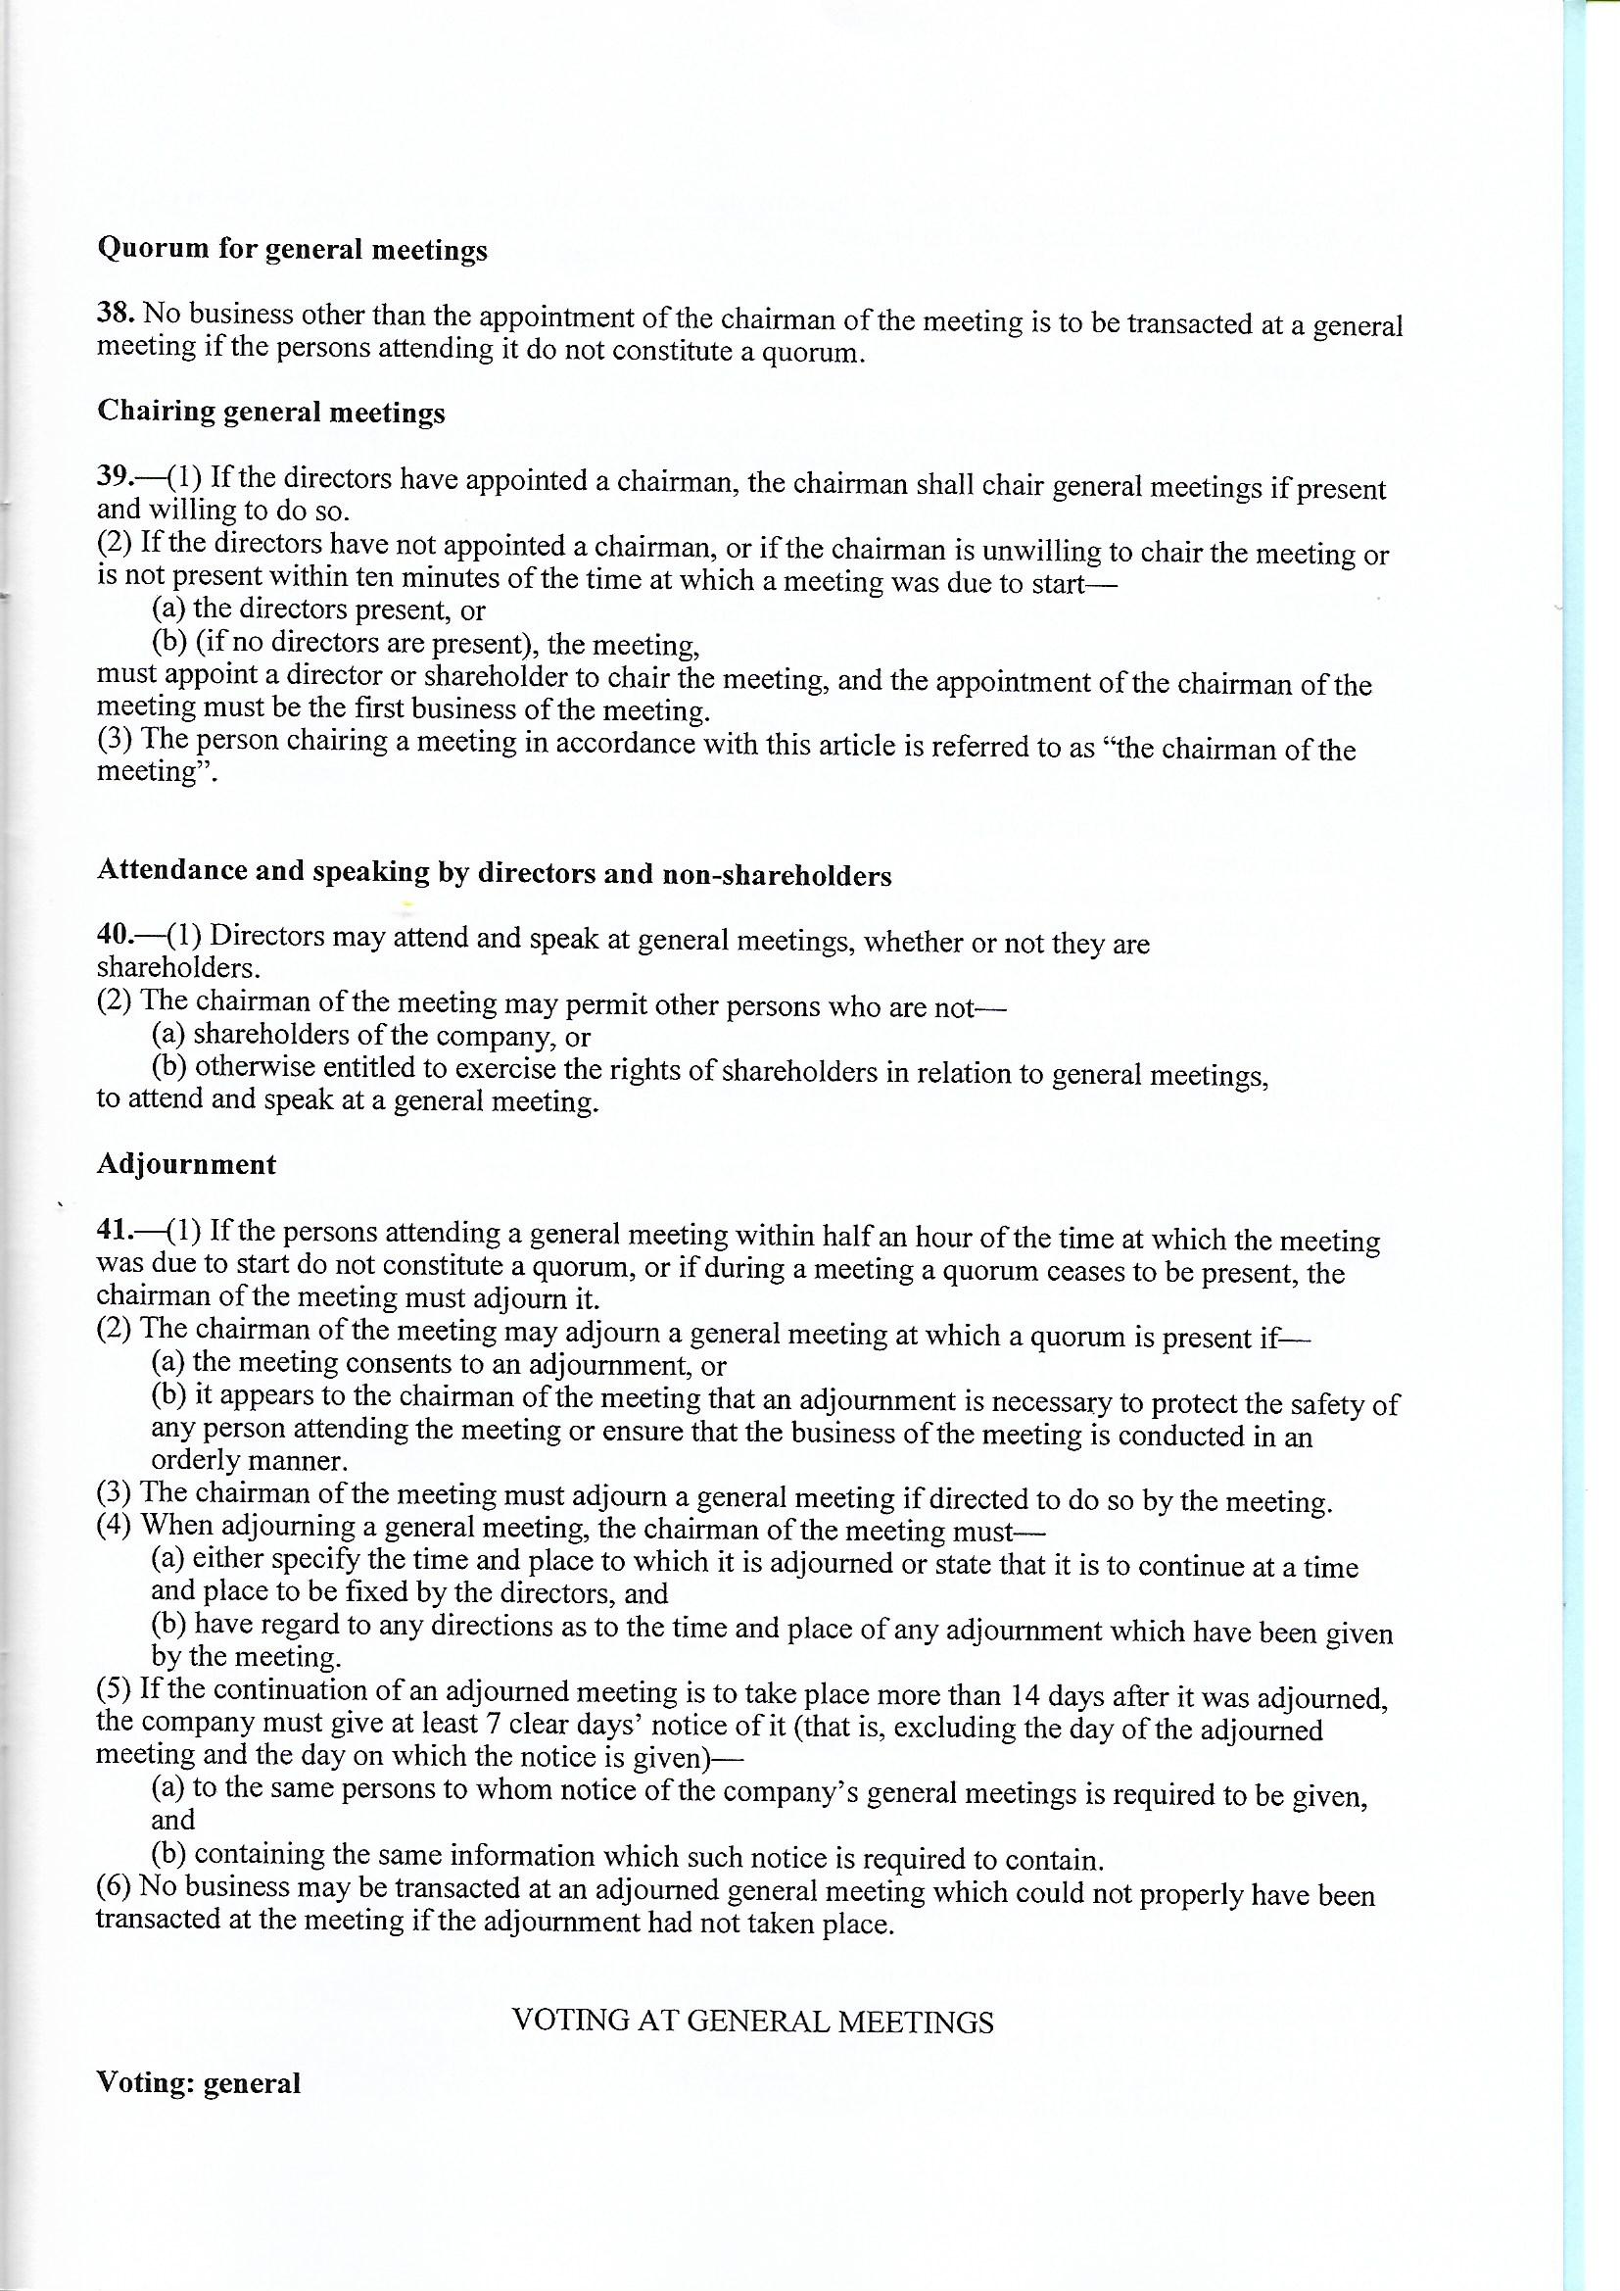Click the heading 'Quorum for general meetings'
click(291, 249)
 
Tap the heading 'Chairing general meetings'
click(270, 413)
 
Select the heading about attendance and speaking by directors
click(494, 873)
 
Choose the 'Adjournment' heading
click(186, 1164)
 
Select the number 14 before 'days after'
click(1025, 1695)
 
